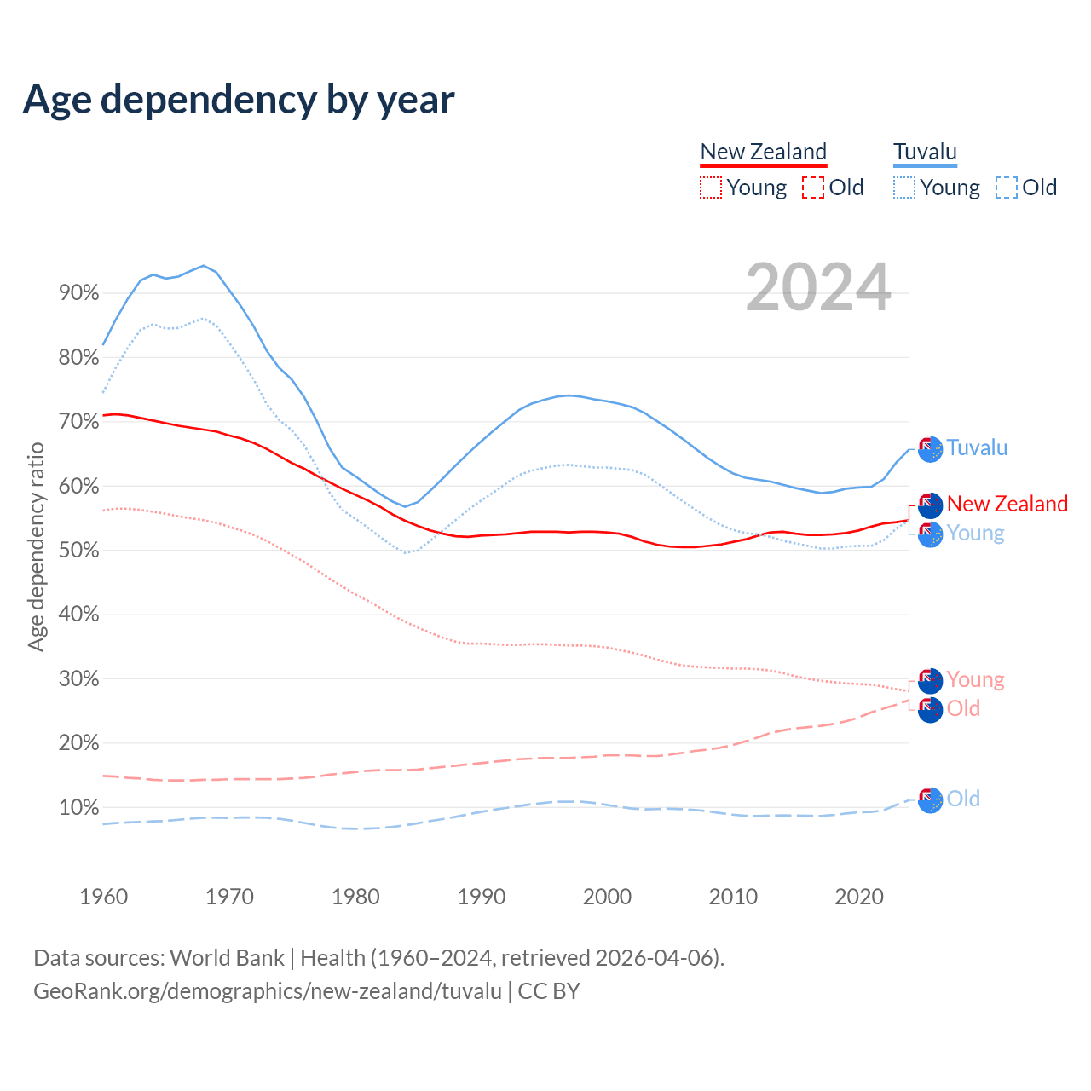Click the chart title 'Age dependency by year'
pos(239,99)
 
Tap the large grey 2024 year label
pos(818,287)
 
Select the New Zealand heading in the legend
pos(763,152)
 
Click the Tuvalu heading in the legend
pos(925,152)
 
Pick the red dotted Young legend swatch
pos(710,188)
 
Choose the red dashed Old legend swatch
pos(813,188)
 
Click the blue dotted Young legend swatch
pos(904,188)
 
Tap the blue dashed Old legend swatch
pos(1007,188)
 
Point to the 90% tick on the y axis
pos(78,293)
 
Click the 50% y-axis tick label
pos(78,551)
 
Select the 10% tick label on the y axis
pos(78,807)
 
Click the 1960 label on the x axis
pos(103,897)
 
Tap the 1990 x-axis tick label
pos(482,897)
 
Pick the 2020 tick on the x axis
pos(859,897)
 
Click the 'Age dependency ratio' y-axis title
pos(36,546)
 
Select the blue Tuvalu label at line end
pos(977,447)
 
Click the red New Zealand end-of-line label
pos(1007,504)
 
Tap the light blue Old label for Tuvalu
pos(963,799)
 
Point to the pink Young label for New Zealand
pos(975,679)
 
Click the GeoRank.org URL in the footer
pos(268,991)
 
